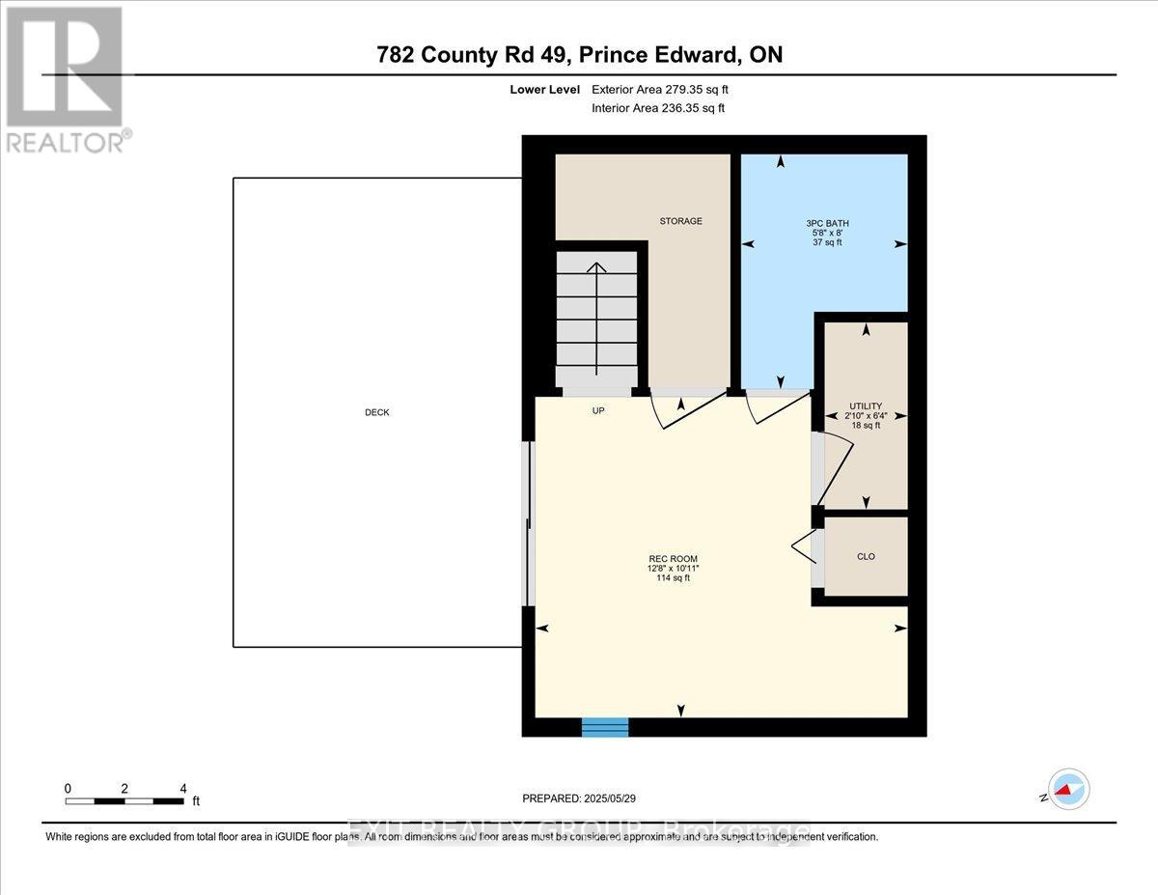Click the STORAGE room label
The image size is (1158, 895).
click(x=680, y=221)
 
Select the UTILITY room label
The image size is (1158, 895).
click(x=866, y=406)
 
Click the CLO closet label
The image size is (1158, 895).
click(x=866, y=556)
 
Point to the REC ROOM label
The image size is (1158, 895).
click(x=673, y=559)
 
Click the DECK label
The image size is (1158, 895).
click(x=376, y=412)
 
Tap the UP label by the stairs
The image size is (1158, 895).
click(x=597, y=410)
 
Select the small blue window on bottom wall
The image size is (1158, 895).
click(x=605, y=726)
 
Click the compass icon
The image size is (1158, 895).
click(x=1068, y=789)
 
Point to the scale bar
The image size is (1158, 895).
click(x=124, y=800)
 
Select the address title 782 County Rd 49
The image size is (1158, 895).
click(x=579, y=55)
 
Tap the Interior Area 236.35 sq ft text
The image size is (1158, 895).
click(x=658, y=108)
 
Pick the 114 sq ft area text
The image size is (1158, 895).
click(x=673, y=578)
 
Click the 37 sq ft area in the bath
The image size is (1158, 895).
click(x=827, y=242)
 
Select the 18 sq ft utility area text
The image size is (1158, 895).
click(x=866, y=425)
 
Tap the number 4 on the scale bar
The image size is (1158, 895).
click(x=182, y=788)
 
